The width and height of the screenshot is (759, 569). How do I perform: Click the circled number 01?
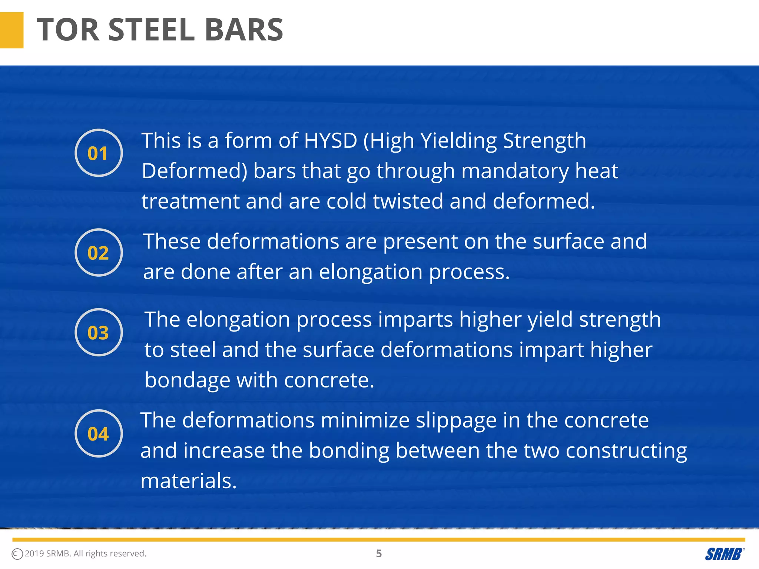98,153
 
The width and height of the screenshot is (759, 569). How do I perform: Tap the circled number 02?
98,253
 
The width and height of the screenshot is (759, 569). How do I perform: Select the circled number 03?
98,332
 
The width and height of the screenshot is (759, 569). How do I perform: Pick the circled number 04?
98,433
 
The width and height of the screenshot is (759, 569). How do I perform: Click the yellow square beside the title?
11,30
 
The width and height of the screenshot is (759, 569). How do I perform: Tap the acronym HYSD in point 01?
330,141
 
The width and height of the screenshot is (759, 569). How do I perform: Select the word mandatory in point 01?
515,171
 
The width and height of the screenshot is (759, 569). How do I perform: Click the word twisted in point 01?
408,202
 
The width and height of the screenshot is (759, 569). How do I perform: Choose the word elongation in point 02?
371,272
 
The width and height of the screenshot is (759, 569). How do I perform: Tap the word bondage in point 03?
187,380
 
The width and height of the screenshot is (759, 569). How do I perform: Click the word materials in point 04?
188,481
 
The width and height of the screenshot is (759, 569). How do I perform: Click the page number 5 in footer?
379,553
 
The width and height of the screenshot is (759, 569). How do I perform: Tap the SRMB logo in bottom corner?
724,554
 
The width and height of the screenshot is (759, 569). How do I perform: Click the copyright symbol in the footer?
17,554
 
